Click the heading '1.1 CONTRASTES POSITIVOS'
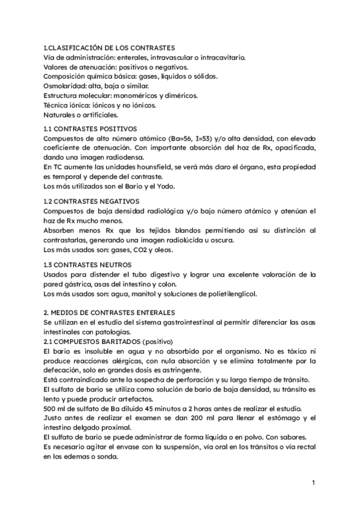91,128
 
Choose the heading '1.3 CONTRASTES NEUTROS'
88,264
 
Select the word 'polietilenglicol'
229,294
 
